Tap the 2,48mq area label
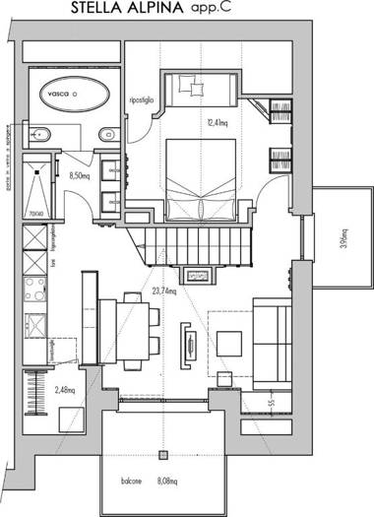pyautogui.click(x=65, y=389)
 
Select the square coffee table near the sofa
pyautogui.click(x=230, y=343)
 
